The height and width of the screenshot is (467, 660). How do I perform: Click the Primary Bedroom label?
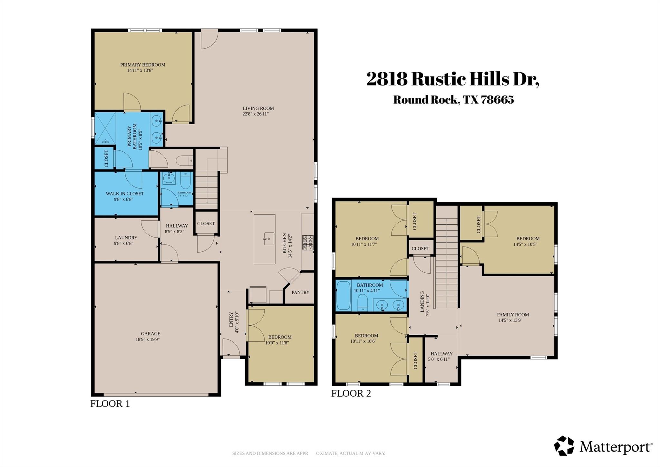pyautogui.click(x=143, y=65)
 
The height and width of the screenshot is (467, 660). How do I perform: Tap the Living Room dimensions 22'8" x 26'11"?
pyautogui.click(x=256, y=114)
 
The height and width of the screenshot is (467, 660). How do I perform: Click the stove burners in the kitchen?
pyautogui.click(x=307, y=243)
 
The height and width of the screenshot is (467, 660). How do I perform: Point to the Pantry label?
pyautogui.click(x=300, y=292)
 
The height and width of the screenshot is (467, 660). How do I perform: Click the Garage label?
pyautogui.click(x=150, y=334)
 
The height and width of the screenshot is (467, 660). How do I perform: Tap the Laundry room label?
pyautogui.click(x=126, y=238)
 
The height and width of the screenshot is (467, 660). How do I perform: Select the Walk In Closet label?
pyautogui.click(x=125, y=194)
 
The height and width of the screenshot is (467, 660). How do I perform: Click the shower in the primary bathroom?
pyautogui.click(x=105, y=128)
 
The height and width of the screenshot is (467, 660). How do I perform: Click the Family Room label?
pyautogui.click(x=513, y=315)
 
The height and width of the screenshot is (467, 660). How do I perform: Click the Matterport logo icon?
pyautogui.click(x=564, y=446)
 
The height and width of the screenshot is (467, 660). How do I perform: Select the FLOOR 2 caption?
pyautogui.click(x=351, y=393)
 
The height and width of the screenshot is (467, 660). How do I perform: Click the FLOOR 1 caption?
pyautogui.click(x=110, y=404)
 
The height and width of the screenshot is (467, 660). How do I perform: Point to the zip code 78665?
pyautogui.click(x=497, y=100)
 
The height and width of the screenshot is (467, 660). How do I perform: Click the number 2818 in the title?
pyautogui.click(x=387, y=79)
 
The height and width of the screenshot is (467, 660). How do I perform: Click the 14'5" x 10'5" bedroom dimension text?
pyautogui.click(x=525, y=244)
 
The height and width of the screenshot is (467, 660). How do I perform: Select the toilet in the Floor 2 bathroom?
pyautogui.click(x=363, y=302)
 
